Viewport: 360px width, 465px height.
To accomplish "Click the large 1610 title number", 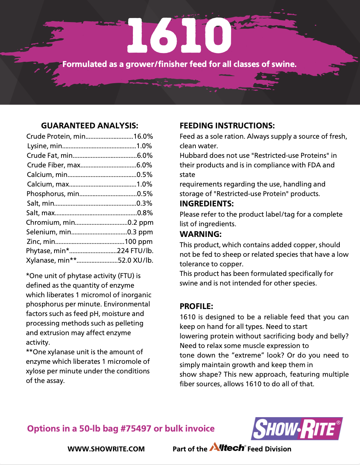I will [x=180, y=36].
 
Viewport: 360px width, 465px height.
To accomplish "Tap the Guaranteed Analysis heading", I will [x=89, y=125].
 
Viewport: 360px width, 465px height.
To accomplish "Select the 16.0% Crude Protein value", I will [x=143, y=136].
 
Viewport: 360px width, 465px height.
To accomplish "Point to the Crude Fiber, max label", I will [x=53, y=165].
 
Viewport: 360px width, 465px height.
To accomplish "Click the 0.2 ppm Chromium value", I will [x=141, y=223].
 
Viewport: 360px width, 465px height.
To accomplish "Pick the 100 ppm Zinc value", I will [x=138, y=242].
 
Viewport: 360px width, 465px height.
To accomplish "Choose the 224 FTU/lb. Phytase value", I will [x=135, y=251].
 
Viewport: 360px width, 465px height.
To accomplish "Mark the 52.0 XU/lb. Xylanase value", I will [x=135, y=260].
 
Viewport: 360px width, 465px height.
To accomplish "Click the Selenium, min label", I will [x=49, y=232].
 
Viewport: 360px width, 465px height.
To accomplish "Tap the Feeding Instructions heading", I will [x=227, y=125].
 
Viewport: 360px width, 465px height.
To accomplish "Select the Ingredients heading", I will [x=207, y=204].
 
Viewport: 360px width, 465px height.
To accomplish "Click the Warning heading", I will [x=201, y=234].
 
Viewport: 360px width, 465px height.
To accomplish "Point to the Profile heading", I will [x=196, y=306].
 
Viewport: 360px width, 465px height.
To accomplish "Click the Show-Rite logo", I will [x=297, y=428].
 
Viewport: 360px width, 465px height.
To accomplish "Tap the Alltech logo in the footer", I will [x=227, y=448].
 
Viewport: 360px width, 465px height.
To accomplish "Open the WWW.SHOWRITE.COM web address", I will [x=106, y=449].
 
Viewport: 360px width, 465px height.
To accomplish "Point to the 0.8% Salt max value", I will [x=145, y=213].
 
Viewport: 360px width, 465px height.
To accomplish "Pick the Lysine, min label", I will [x=45, y=146].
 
